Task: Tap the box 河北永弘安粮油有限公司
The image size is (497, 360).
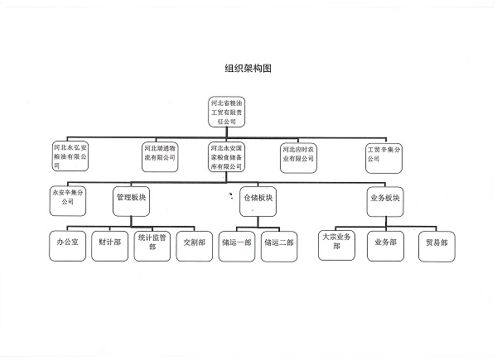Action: click(74, 156)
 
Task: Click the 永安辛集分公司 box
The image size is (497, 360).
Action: click(68, 196)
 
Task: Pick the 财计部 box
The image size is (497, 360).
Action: click(109, 244)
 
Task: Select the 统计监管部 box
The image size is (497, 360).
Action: click(153, 244)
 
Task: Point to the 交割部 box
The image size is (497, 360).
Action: click(195, 244)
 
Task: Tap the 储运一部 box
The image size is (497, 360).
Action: click(237, 244)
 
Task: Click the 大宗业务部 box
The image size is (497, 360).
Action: click(340, 244)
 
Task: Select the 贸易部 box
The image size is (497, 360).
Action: click(436, 244)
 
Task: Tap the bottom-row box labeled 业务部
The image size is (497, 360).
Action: click(386, 244)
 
